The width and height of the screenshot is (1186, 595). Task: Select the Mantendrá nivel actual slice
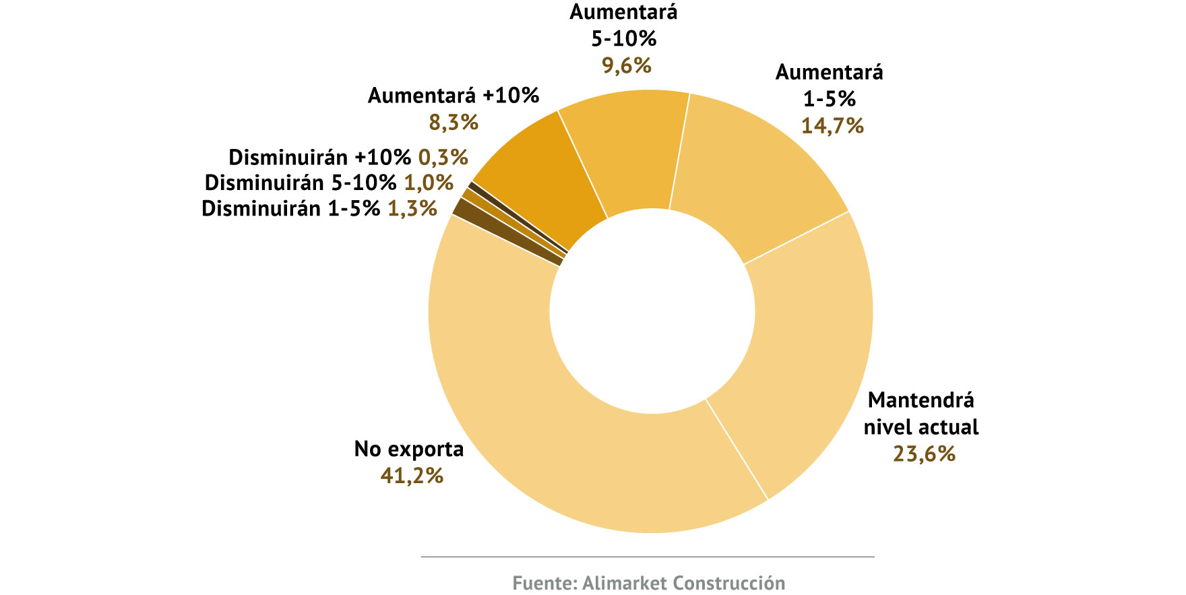pyautogui.click(x=809, y=337)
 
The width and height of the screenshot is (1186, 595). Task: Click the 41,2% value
pyautogui.click(x=412, y=476)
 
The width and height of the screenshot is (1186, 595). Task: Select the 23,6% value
pyautogui.click(x=924, y=453)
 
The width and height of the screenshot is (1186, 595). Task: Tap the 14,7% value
pyautogui.click(x=832, y=125)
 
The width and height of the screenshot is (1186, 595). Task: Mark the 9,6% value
pyautogui.click(x=627, y=65)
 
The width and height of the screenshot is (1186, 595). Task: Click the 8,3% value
pyautogui.click(x=454, y=122)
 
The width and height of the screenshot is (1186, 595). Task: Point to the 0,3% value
pyautogui.click(x=443, y=157)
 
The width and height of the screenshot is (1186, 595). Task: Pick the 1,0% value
pyautogui.click(x=429, y=183)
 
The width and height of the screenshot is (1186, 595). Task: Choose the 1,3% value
pyautogui.click(x=412, y=208)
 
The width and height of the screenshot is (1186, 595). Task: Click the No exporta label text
pyautogui.click(x=409, y=449)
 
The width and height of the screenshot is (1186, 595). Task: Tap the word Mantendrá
pyautogui.click(x=920, y=400)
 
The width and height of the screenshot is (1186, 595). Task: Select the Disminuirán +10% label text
pyautogui.click(x=319, y=157)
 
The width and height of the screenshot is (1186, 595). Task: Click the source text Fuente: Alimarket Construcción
pyautogui.click(x=648, y=583)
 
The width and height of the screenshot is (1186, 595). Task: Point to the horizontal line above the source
pyautogui.click(x=647, y=557)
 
